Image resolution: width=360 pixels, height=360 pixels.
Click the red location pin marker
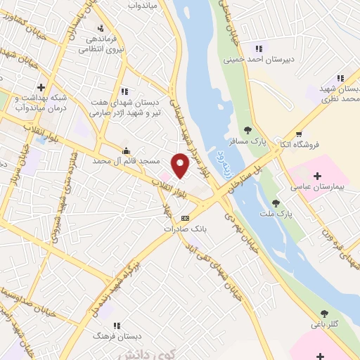point(181,165)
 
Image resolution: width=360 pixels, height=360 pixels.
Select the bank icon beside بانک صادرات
point(186,217)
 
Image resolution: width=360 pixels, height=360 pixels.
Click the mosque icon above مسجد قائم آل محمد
point(126,150)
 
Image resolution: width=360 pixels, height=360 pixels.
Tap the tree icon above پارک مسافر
point(247,129)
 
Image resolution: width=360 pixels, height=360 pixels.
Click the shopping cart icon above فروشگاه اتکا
point(299,134)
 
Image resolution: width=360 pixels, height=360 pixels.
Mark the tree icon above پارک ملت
point(276,202)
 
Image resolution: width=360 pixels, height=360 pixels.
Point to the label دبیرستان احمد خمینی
point(258,60)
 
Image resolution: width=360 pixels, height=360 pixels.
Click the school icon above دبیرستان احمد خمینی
point(258,48)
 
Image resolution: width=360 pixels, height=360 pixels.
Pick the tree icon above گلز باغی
point(324,314)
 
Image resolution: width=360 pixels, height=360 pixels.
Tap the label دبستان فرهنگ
point(112,337)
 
